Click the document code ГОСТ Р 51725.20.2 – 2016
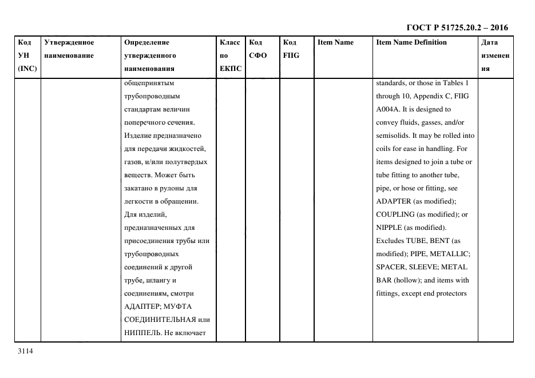(x=457, y=27)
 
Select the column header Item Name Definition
(x=411, y=42)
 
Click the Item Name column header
(x=335, y=42)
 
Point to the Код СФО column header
(x=257, y=49)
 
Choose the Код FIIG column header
(x=291, y=49)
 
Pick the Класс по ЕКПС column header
(x=231, y=55)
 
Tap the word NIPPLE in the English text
(x=389, y=228)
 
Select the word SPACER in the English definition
(x=390, y=267)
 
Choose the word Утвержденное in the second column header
(x=69, y=42)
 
